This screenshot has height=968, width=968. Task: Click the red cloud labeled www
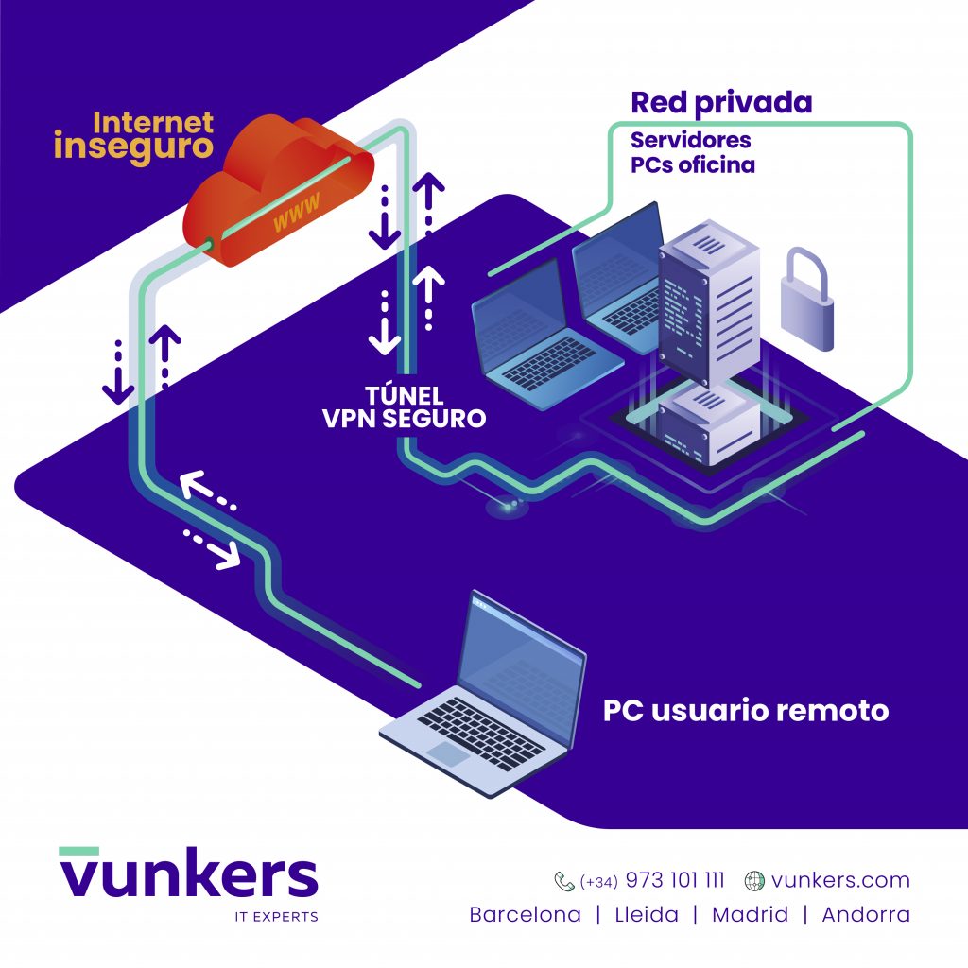(278, 191)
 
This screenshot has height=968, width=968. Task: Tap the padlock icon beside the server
(807, 300)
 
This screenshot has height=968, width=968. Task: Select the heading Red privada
(721, 103)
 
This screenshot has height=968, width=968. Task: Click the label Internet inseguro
(134, 137)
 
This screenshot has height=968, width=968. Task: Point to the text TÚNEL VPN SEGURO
(405, 406)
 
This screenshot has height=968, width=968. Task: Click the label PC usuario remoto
(746, 711)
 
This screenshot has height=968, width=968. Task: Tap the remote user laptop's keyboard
(481, 734)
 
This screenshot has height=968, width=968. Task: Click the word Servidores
(691, 140)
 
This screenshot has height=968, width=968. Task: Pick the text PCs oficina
(693, 164)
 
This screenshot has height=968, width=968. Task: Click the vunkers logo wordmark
(189, 872)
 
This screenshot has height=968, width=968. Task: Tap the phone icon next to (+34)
(564, 881)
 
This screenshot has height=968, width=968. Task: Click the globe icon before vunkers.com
(754, 881)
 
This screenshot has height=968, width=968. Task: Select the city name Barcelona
(525, 914)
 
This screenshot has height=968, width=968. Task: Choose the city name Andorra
(866, 914)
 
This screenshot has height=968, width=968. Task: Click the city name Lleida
(647, 914)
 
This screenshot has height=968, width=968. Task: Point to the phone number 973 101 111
(675, 880)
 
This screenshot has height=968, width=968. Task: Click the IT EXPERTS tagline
(277, 917)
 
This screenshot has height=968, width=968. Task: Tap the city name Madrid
(750, 914)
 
